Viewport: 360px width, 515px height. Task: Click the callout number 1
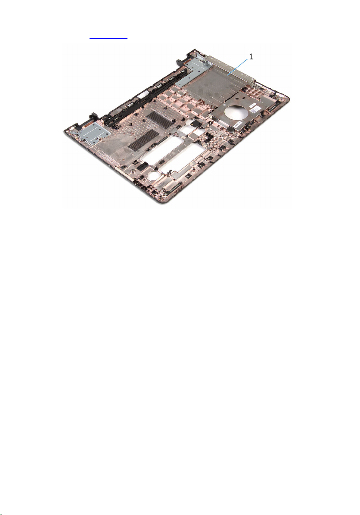[x=251, y=57]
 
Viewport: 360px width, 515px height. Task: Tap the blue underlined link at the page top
[x=109, y=38]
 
